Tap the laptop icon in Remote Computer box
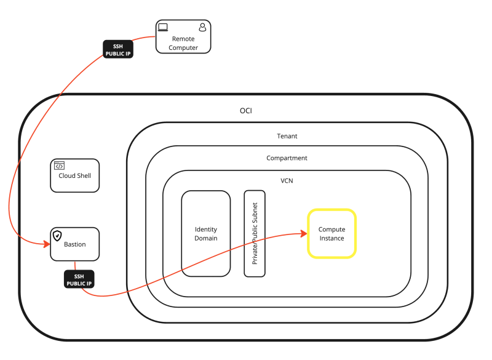(163, 27)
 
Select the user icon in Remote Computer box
(202, 27)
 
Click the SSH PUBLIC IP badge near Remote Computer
(117, 49)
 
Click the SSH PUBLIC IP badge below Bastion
(79, 279)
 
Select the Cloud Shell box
(74, 175)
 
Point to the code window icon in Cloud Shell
(60, 166)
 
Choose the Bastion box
(74, 244)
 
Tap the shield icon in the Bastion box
(57, 235)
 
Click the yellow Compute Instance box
(331, 233)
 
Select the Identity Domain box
(205, 233)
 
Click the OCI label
(246, 111)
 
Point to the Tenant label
(287, 136)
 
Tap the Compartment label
(287, 158)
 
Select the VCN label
(287, 182)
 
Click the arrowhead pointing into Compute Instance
(303, 233)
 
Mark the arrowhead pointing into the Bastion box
(46, 244)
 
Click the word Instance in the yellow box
(331, 238)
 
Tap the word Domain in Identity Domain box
(205, 238)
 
